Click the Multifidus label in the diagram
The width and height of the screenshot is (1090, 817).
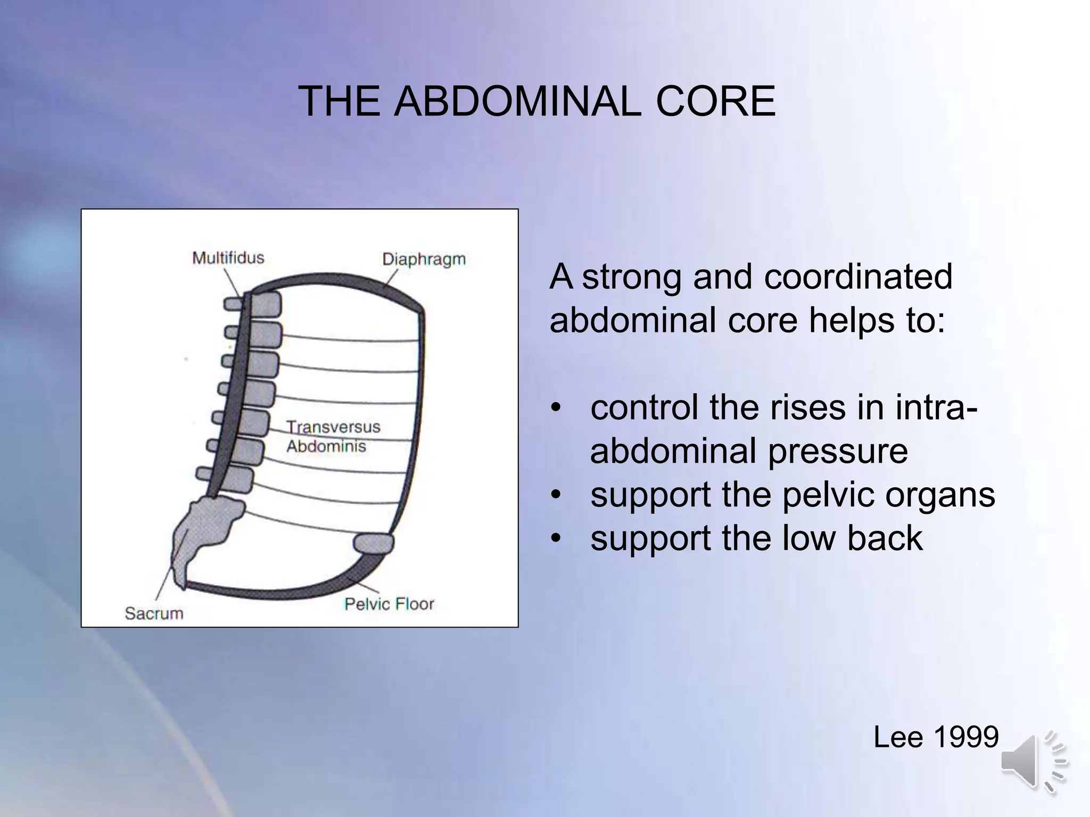(228, 258)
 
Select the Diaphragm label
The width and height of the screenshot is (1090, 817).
(424, 260)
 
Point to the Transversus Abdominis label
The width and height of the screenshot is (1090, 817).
(333, 436)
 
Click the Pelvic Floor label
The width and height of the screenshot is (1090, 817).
(389, 604)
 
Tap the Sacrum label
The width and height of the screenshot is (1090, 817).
(154, 613)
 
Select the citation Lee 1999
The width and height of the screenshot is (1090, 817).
(936, 737)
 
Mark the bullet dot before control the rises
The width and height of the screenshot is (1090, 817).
(556, 408)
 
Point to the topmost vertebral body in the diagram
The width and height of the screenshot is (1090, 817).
(265, 305)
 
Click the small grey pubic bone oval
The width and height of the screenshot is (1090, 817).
(374, 544)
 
